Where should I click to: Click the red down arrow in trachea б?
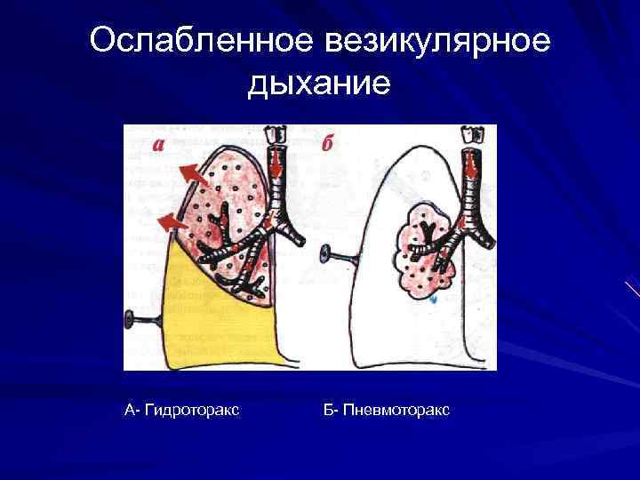pos(468,165)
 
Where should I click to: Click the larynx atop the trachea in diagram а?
pos(275,134)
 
